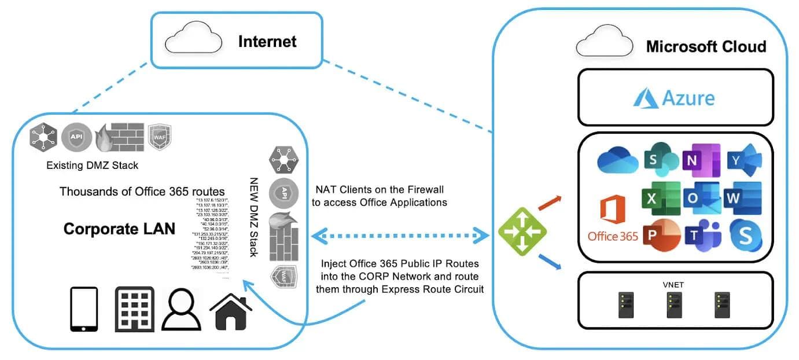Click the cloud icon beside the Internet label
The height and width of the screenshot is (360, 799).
coord(193,40)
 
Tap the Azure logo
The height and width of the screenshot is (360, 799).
coord(674,97)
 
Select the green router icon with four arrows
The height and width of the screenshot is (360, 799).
coord(522,233)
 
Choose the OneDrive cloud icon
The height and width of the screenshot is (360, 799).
coord(617,159)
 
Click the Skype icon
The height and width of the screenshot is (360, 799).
coord(745,235)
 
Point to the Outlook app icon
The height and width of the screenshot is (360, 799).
coord(702,197)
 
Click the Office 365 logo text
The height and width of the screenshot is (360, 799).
coord(612,236)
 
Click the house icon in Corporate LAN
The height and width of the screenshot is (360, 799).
coord(231,311)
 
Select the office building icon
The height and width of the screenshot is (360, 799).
coord(134,309)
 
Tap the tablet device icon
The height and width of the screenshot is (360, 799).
coord(84,309)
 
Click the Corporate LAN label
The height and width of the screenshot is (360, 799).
coord(119,229)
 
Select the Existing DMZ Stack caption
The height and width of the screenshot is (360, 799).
coord(92,166)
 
